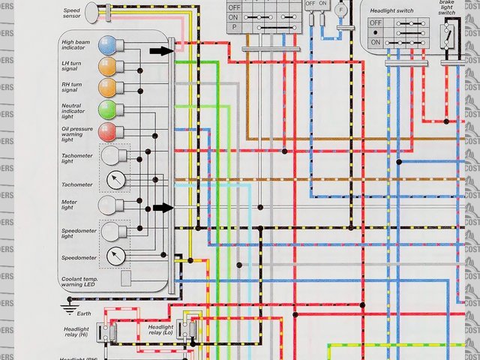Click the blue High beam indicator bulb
point(106,45)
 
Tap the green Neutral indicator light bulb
point(106,110)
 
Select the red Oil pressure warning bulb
point(106,133)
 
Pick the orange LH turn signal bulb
point(106,66)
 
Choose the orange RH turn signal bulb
point(106,88)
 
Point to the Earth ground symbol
point(69,306)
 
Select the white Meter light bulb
point(109,204)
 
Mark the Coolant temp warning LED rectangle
point(126,279)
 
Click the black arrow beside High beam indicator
point(160,51)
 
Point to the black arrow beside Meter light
point(162,208)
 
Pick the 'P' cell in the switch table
point(233,27)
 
